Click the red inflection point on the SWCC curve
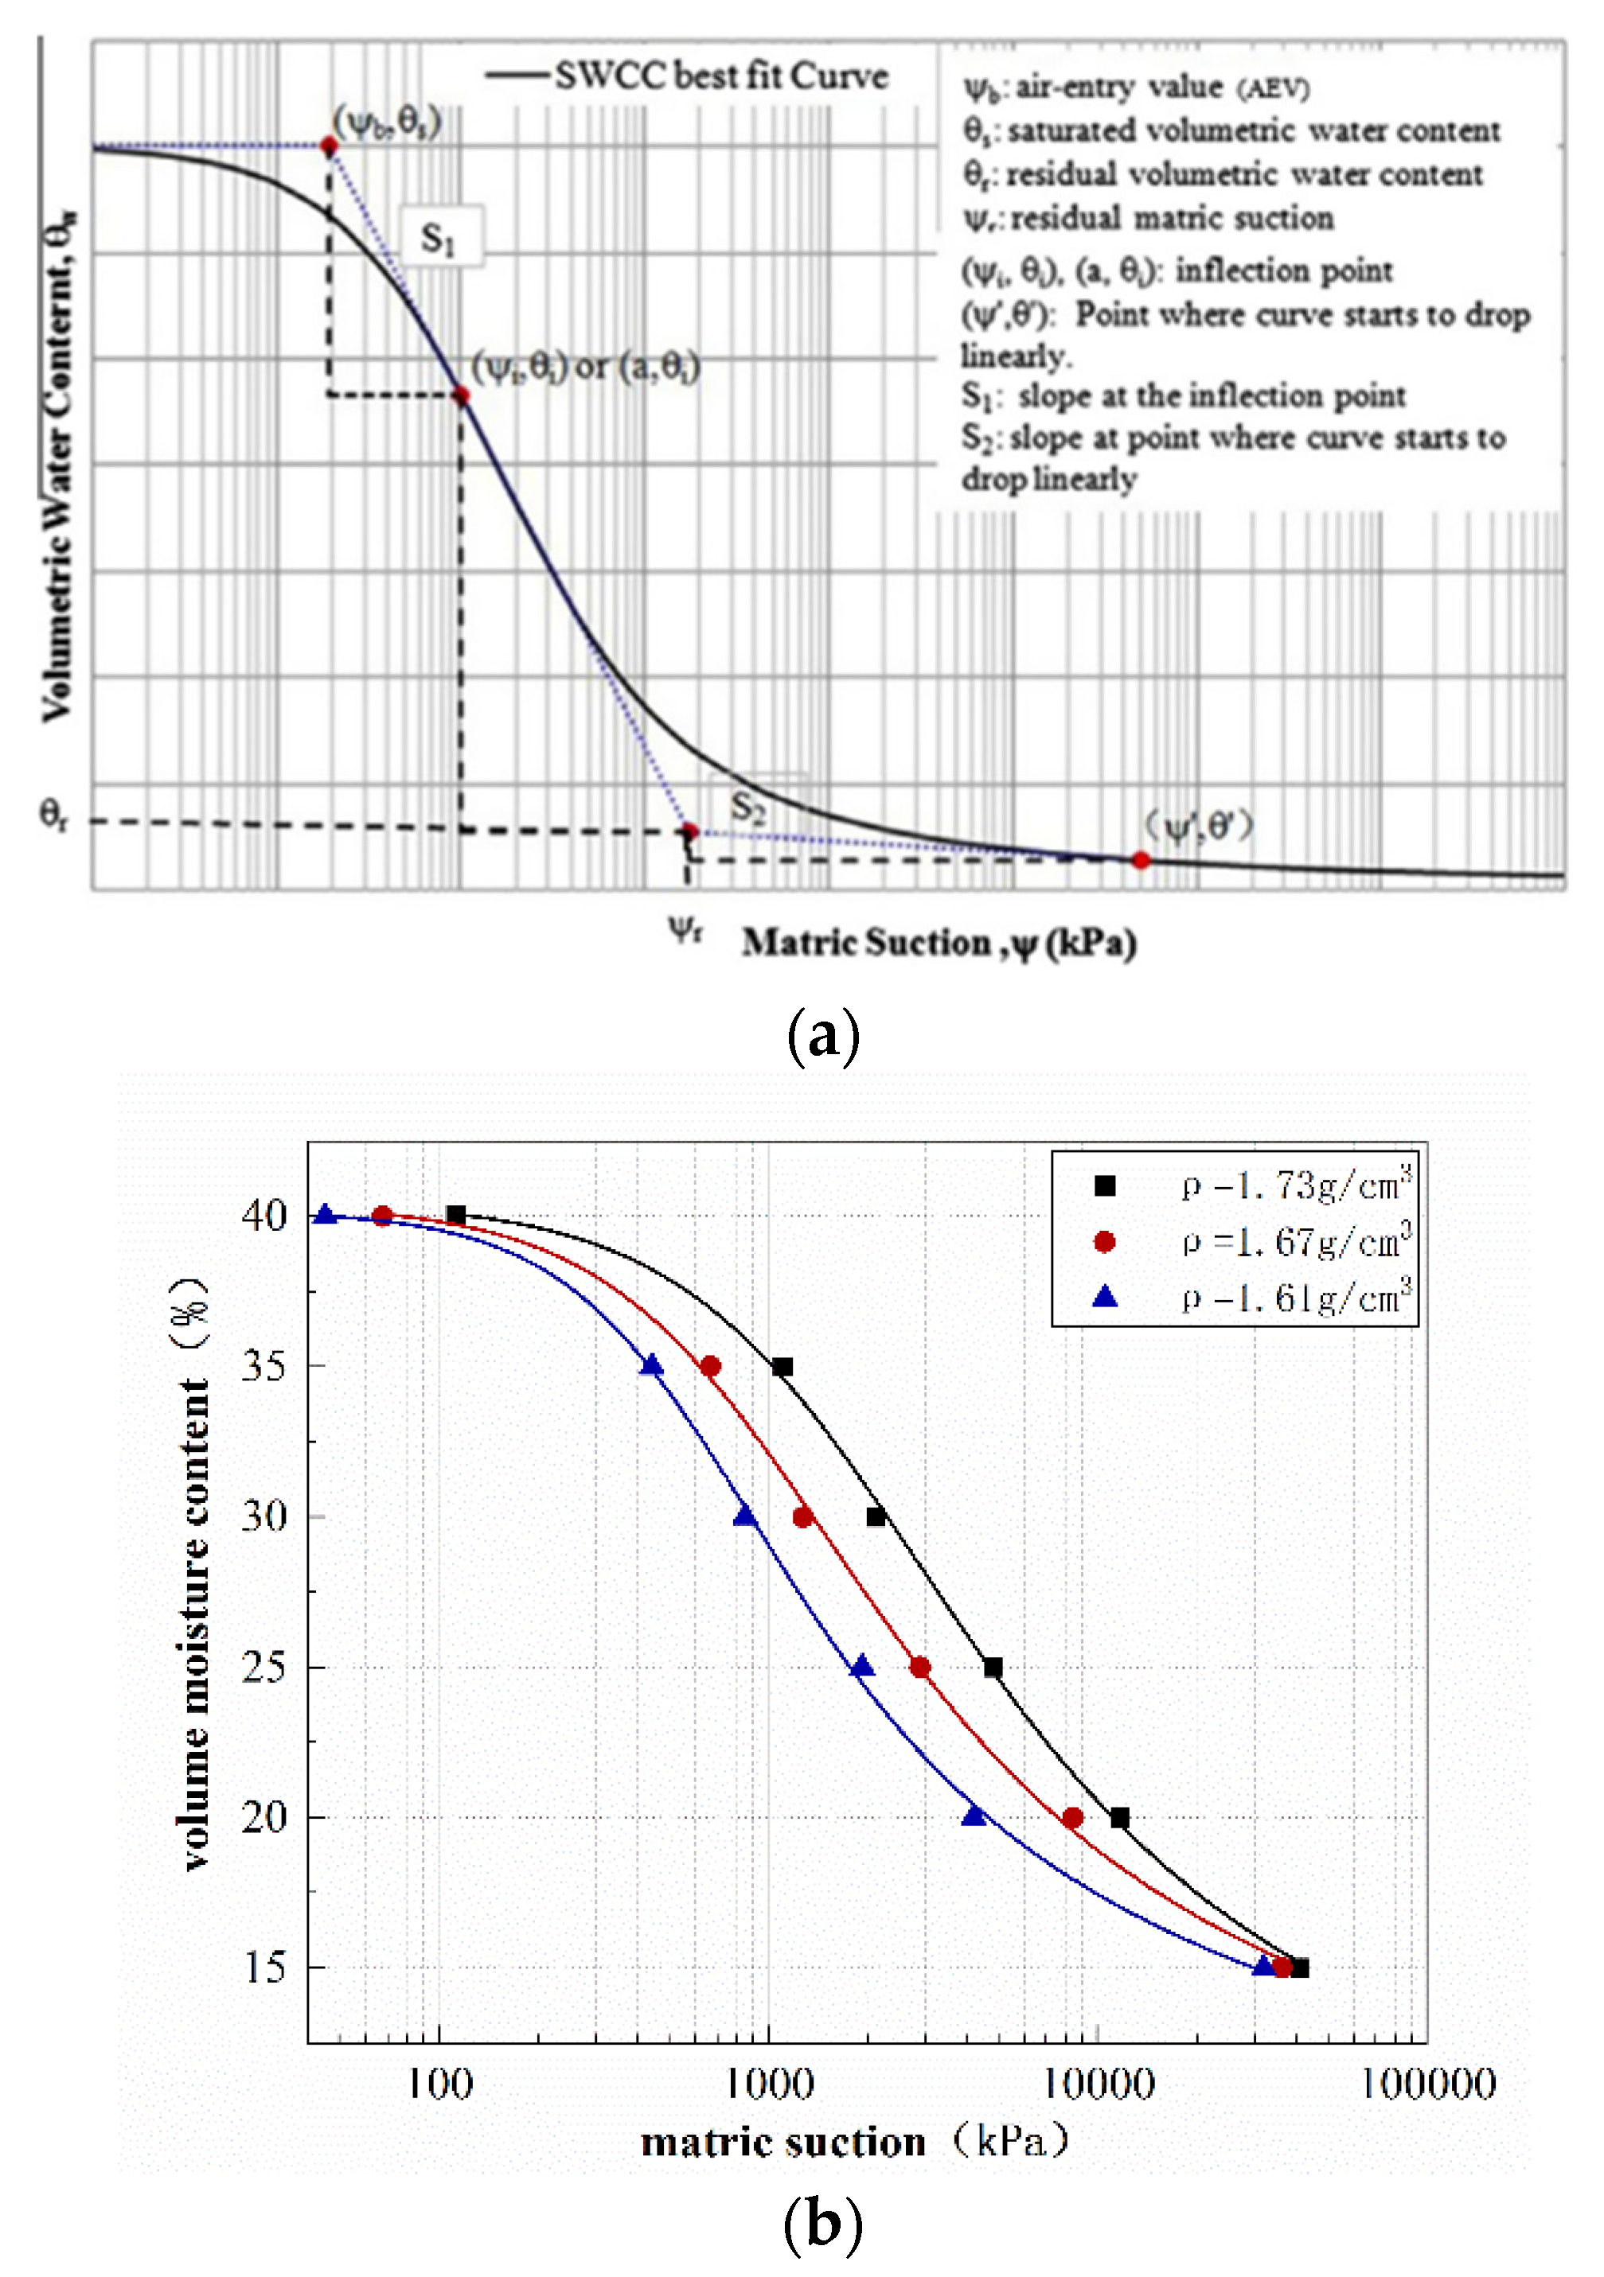coord(460,395)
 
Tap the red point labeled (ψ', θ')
coord(1141,860)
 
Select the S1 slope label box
coord(440,237)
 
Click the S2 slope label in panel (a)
coord(749,805)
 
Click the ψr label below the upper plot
coord(685,929)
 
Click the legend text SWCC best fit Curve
coord(720,76)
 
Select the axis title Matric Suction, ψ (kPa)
coord(939,942)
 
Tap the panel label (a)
coord(822,1037)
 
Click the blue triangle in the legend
coord(1104,1297)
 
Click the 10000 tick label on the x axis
coord(1098,2084)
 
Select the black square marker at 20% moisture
coord(1119,1818)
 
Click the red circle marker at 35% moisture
coord(710,1367)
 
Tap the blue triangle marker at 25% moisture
coord(862,1666)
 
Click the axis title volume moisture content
coord(194,1577)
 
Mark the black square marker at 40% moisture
coord(456,1215)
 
